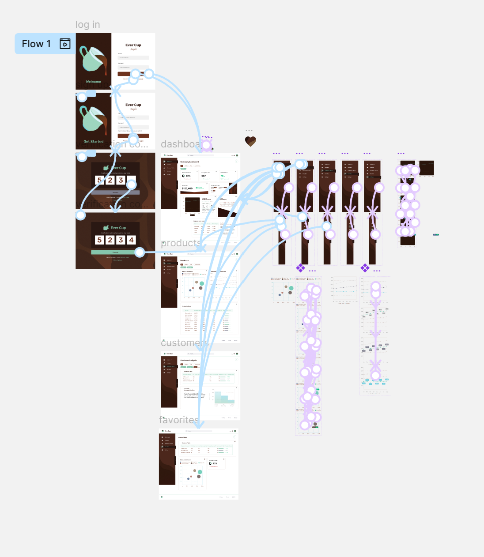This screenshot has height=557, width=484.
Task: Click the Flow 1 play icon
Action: click(65, 44)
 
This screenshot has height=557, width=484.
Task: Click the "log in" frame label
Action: click(87, 25)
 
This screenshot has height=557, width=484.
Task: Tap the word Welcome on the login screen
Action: click(93, 82)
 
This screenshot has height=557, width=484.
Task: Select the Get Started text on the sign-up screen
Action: click(93, 142)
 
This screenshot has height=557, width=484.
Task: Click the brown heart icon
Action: click(250, 141)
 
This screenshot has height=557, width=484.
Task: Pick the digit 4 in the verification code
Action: click(131, 240)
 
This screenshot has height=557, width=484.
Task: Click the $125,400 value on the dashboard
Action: click(187, 188)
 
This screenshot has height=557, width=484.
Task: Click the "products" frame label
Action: click(180, 243)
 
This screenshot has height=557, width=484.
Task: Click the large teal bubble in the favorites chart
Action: click(200, 472)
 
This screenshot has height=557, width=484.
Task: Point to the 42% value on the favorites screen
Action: click(215, 463)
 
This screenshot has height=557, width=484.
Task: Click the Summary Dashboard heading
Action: click(189, 162)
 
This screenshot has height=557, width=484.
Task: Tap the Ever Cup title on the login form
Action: click(133, 45)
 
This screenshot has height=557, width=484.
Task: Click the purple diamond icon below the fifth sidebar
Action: click(365, 267)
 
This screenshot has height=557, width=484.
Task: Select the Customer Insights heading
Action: click(189, 360)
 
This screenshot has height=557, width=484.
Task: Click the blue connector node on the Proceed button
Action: click(140, 252)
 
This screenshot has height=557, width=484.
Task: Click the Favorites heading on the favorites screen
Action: click(182, 437)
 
